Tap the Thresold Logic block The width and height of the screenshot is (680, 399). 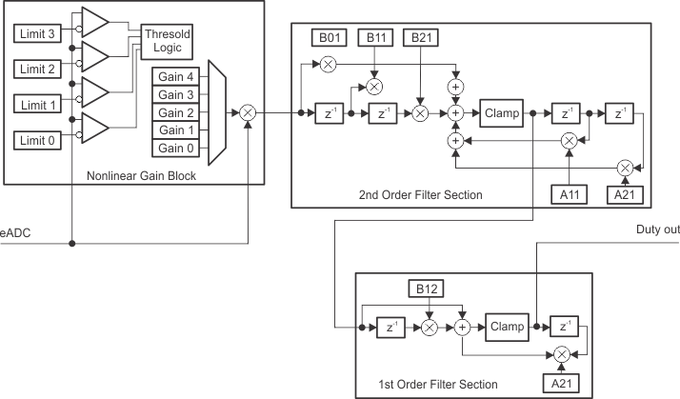pos(169,39)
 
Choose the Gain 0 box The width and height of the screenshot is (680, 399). pos(175,148)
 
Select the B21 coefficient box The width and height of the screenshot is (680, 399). pos(420,38)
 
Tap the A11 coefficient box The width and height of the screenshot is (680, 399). pos(569,195)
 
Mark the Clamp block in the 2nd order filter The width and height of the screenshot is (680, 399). pos(501,113)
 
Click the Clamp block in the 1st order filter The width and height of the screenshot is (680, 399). pos(507,327)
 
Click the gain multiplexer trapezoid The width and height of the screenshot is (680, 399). pos(215,112)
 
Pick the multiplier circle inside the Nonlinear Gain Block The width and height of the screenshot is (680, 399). pos(247,112)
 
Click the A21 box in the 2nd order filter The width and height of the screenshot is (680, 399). pos(625,195)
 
